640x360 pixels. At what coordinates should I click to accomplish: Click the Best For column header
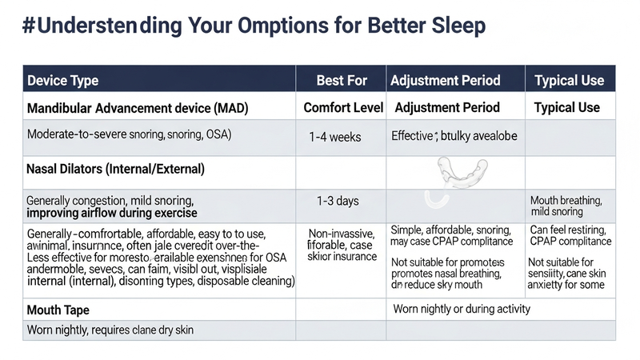point(341,80)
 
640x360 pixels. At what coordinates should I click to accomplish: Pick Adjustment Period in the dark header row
point(445,80)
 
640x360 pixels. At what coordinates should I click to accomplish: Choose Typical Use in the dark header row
point(569,80)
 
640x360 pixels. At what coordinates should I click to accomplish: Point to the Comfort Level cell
point(343,107)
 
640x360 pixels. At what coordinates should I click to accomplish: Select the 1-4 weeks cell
point(334,137)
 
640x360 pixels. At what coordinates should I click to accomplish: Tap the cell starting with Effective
point(454,136)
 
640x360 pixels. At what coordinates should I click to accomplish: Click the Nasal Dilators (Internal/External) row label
point(115,170)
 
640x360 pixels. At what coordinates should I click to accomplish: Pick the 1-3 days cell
point(338,200)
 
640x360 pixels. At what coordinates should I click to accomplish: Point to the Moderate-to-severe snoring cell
point(129,134)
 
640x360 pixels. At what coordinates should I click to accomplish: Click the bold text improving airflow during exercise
point(111,214)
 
